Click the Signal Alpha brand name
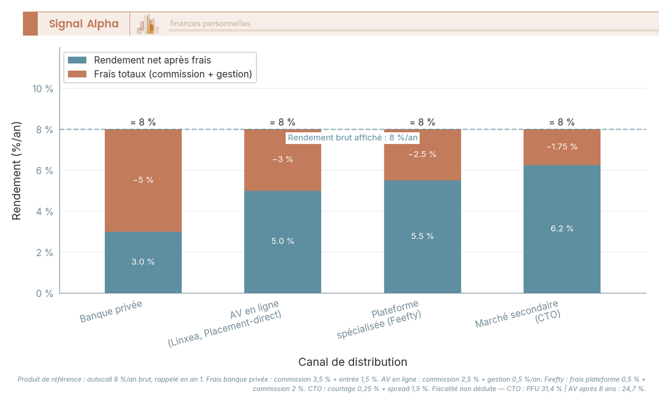click(83, 24)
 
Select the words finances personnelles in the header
click(210, 24)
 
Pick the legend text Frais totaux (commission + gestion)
click(172, 74)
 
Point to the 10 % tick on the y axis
click(42, 89)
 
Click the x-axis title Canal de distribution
click(353, 362)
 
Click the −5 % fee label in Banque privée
click(143, 180)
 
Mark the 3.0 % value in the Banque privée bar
click(143, 262)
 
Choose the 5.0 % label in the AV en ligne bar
click(282, 242)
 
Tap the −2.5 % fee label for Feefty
click(422, 154)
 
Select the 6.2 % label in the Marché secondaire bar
click(562, 228)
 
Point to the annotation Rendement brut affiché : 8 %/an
click(353, 138)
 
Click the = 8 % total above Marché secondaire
click(562, 122)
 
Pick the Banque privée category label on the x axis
click(111, 311)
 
